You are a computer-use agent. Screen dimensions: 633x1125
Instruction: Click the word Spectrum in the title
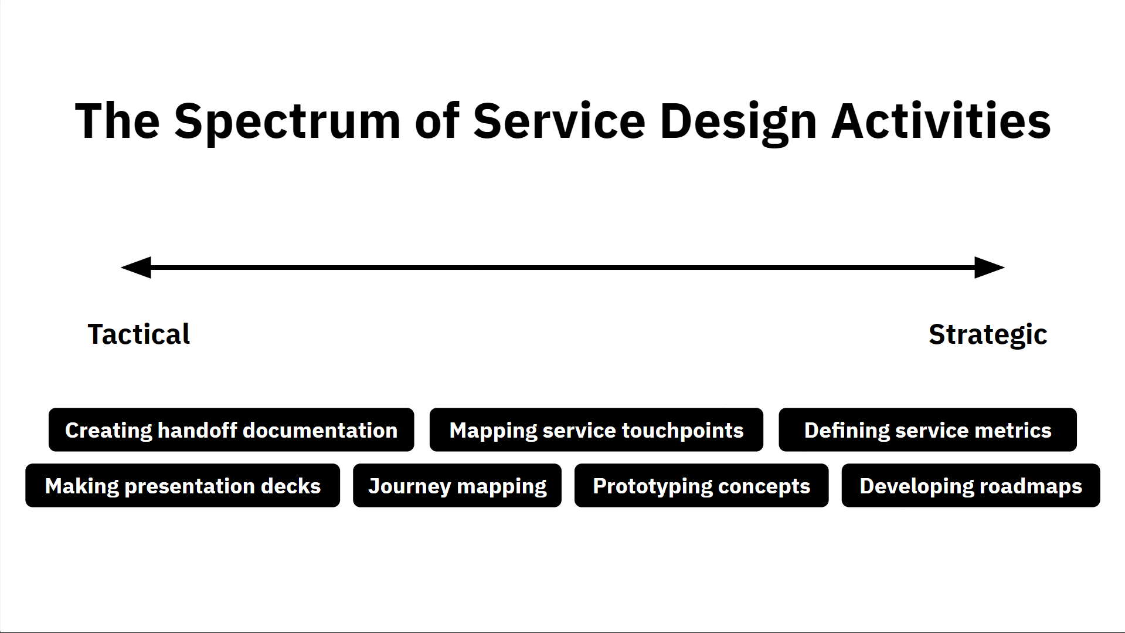[287, 121]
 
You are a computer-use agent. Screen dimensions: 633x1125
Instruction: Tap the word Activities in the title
[941, 121]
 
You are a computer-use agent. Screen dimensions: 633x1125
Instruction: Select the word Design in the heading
[738, 121]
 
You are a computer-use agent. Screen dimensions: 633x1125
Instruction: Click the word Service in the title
[559, 121]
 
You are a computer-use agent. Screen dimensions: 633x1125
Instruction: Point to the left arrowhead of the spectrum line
[137, 268]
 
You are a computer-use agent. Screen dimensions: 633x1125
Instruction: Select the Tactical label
[139, 334]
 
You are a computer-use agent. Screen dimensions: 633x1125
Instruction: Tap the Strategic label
[988, 334]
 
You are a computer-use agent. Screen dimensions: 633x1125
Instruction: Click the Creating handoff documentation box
[231, 430]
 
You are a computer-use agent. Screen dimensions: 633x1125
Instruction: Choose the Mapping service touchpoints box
[596, 430]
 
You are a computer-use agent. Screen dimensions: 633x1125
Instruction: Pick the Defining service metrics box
[927, 430]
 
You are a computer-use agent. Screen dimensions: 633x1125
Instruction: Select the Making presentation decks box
[182, 486]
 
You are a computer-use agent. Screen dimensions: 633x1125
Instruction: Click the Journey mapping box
[457, 486]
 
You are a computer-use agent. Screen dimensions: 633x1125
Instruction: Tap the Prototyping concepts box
[701, 486]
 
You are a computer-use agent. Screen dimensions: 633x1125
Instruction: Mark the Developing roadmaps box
[971, 486]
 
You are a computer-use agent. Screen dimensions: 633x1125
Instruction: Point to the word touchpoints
[682, 430]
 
